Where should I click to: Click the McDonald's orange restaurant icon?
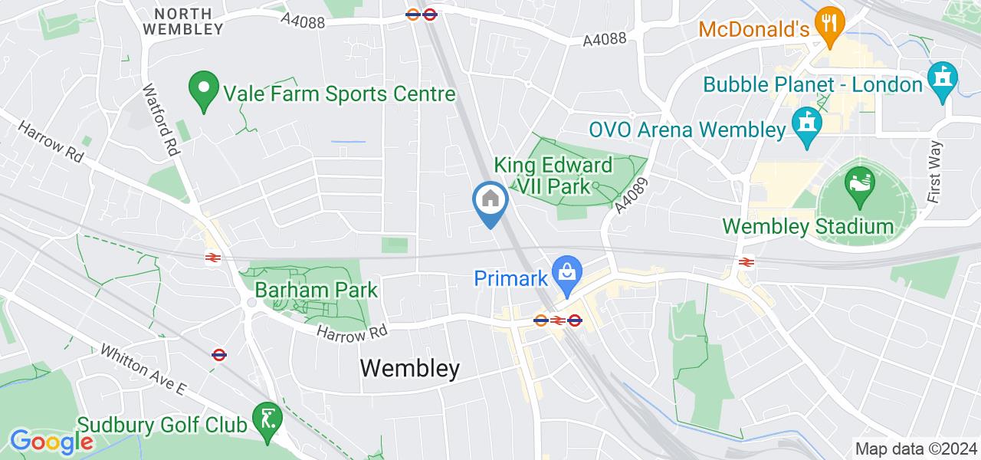pyautogui.click(x=827, y=23)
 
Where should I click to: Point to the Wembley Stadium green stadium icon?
pyautogui.click(x=857, y=185)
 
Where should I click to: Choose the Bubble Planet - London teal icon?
pyautogui.click(x=942, y=78)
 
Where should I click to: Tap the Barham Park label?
pyautogui.click(x=317, y=291)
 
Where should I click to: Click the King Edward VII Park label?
pyautogui.click(x=553, y=176)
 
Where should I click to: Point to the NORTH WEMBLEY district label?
pyautogui.click(x=189, y=21)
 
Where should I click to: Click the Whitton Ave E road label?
pyautogui.click(x=143, y=370)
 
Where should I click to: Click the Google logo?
pyautogui.click(x=51, y=442)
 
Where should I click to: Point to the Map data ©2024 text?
pyautogui.click(x=916, y=449)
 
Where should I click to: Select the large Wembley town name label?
pyautogui.click(x=410, y=369)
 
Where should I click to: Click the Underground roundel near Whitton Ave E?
pyautogui.click(x=218, y=354)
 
